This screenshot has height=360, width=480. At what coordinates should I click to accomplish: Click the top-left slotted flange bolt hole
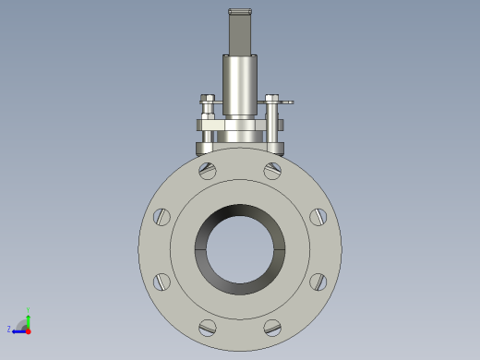[x=208, y=170]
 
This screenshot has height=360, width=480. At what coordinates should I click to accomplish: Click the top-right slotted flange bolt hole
[x=272, y=170]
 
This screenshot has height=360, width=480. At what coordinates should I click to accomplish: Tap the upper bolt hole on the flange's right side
[x=318, y=217]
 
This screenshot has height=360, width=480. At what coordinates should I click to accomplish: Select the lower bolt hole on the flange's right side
[x=318, y=282]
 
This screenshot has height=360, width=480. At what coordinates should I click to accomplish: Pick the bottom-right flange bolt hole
[x=272, y=327]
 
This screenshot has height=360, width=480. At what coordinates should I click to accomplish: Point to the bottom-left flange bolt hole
[x=208, y=327]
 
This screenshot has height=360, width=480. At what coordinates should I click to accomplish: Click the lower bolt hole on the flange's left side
[x=162, y=282]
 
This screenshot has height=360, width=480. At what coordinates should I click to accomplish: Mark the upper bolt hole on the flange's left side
[x=162, y=217]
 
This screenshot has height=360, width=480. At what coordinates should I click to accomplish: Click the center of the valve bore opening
[x=240, y=248]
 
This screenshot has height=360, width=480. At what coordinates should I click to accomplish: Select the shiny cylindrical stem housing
[x=240, y=85]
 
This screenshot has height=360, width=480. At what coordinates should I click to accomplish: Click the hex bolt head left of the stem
[x=208, y=98]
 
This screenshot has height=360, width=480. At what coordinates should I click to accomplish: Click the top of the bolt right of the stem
[x=271, y=98]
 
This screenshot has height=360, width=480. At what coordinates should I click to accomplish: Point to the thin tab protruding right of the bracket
[x=287, y=102]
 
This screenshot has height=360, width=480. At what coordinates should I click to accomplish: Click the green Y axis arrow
[x=29, y=320]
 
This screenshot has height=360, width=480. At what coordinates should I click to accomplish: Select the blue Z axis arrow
[x=19, y=330]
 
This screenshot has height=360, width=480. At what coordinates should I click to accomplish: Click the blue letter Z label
[x=9, y=329]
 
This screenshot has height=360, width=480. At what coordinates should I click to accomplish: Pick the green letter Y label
[x=29, y=310]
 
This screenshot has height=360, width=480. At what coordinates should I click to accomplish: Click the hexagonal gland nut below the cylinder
[x=240, y=125]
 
